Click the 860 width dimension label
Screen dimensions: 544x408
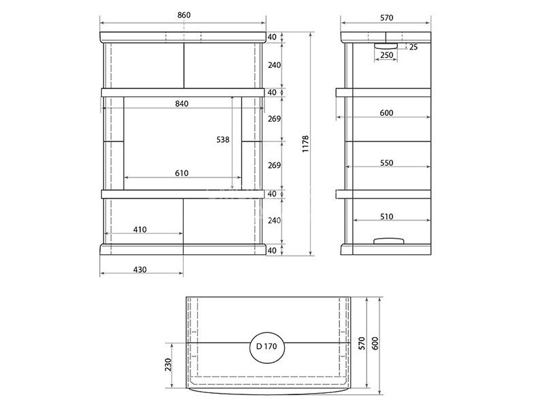[x=184, y=15]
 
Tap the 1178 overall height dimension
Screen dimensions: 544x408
[x=305, y=144]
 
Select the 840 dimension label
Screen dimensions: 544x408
[x=182, y=103]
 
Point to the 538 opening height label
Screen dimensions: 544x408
[x=223, y=139]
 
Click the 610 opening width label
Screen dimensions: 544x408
[x=182, y=173]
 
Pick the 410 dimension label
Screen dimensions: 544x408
[x=140, y=229]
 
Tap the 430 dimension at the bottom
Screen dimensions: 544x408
[x=140, y=269]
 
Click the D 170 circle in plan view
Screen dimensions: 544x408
[x=267, y=347]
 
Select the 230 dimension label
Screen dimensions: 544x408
[x=168, y=364]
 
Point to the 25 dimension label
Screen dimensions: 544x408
[x=413, y=47]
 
